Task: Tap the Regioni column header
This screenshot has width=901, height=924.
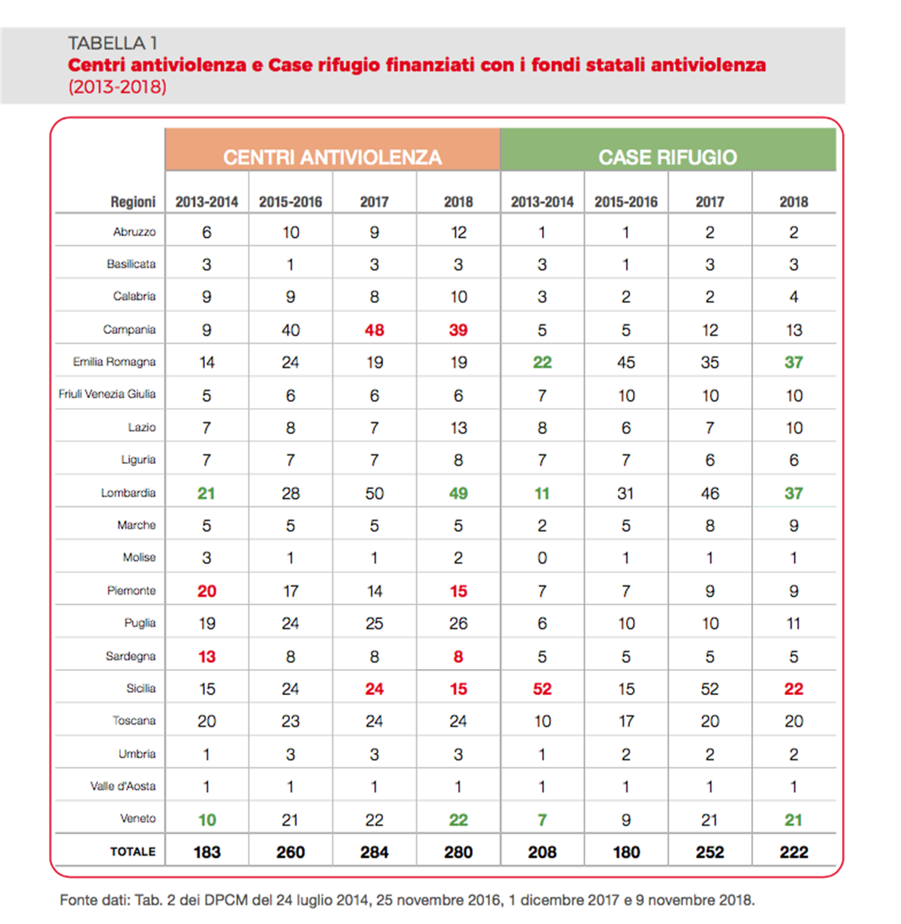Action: (x=133, y=202)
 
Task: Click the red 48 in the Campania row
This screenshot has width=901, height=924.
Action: (x=374, y=330)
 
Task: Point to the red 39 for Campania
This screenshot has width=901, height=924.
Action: (x=458, y=330)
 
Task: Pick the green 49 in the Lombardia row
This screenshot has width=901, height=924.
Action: (x=458, y=493)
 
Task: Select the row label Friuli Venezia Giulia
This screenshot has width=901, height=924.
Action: (x=107, y=394)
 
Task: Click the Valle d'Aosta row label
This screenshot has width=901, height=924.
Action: (x=123, y=786)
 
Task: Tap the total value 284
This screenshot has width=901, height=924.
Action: (x=374, y=852)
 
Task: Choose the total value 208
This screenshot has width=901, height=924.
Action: (x=542, y=852)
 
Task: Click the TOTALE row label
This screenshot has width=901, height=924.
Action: (x=133, y=851)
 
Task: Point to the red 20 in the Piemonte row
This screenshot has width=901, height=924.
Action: (x=206, y=591)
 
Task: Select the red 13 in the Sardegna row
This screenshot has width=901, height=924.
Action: (x=206, y=656)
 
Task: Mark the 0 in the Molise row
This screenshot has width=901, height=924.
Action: (x=542, y=558)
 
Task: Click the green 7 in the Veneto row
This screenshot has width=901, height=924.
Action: (x=542, y=820)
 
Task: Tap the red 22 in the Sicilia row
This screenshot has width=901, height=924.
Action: (x=793, y=689)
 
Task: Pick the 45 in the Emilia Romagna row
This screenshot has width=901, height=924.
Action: (x=626, y=362)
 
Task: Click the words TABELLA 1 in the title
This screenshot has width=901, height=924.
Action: (x=113, y=43)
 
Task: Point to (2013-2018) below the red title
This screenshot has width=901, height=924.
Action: (x=117, y=87)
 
